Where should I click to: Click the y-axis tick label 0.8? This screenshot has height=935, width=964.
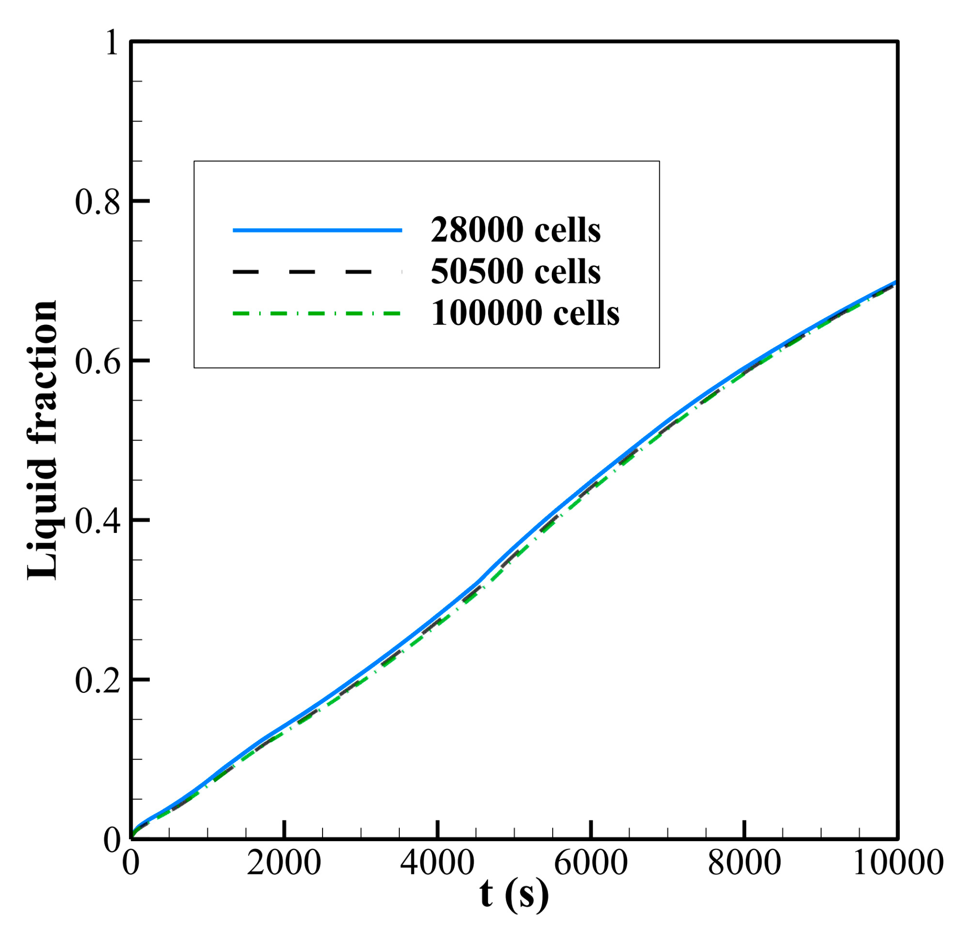(97, 202)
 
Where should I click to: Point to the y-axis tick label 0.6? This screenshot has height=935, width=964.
(97, 362)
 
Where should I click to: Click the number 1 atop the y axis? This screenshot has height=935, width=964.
(112, 43)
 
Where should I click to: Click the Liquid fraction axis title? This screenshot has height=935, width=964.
(43, 440)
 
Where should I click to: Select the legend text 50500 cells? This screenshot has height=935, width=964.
(515, 271)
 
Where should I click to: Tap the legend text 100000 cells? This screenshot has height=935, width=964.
(525, 313)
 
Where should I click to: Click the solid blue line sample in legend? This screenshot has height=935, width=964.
(317, 230)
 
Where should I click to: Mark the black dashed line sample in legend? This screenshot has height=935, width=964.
(317, 271)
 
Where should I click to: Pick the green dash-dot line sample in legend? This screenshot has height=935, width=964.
(317, 313)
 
